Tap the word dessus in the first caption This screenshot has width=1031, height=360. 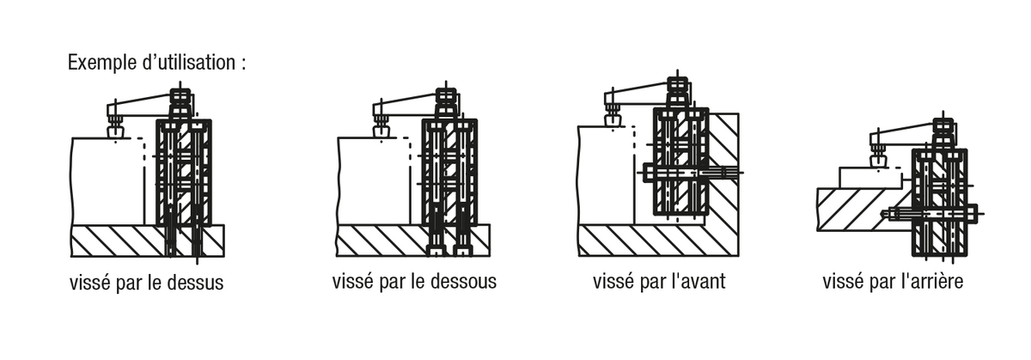click(x=194, y=283)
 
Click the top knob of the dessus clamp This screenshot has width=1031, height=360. click(x=182, y=96)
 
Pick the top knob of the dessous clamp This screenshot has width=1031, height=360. click(x=447, y=96)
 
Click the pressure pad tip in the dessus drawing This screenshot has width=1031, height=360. click(x=114, y=131)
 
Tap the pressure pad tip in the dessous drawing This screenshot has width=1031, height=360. click(x=381, y=131)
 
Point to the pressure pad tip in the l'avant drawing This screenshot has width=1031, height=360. click(x=613, y=121)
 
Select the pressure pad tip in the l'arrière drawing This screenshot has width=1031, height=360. click(x=879, y=161)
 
